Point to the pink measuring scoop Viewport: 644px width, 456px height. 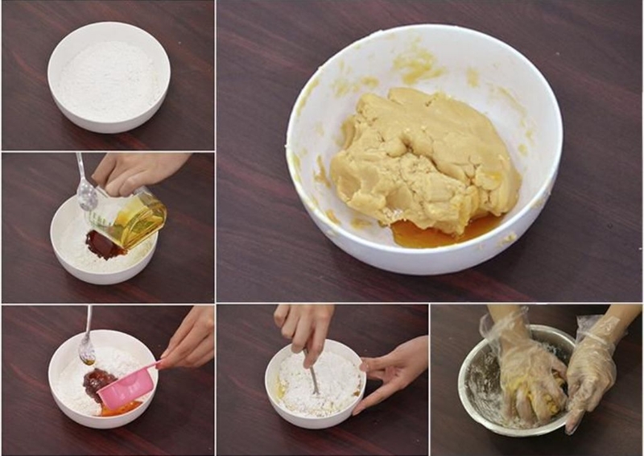click(129, 387)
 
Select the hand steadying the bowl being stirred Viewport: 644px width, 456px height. click(390, 371)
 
